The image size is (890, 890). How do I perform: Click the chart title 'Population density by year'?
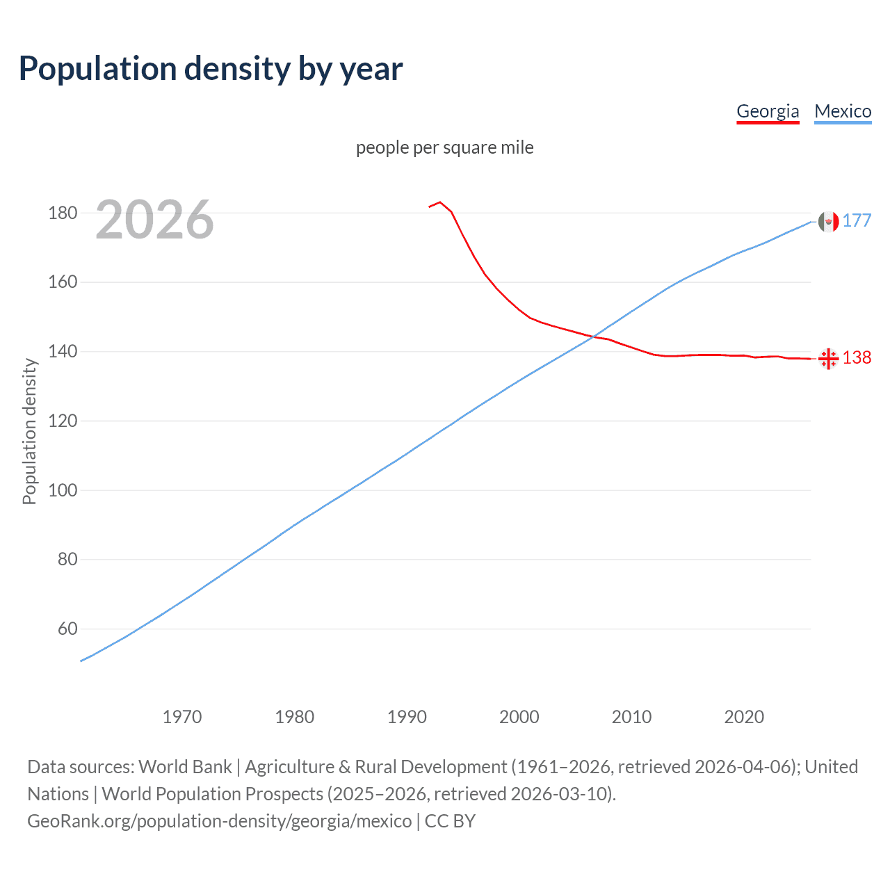click(x=211, y=69)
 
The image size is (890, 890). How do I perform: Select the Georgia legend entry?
click(x=768, y=111)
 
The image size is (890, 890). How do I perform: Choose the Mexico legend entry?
click(x=843, y=111)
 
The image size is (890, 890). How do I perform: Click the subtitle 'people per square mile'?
click(x=444, y=147)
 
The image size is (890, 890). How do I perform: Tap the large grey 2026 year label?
click(x=154, y=220)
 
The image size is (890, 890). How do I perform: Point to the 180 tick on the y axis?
click(x=63, y=213)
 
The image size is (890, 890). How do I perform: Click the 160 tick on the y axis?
click(x=63, y=282)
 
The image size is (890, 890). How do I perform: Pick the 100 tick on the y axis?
click(x=63, y=490)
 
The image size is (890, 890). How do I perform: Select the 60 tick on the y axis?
click(x=67, y=629)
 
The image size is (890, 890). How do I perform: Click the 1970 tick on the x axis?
click(x=182, y=717)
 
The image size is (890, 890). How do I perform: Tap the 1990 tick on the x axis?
click(x=407, y=717)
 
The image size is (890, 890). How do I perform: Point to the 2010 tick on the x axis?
click(x=631, y=717)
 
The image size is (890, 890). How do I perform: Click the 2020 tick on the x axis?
click(x=744, y=717)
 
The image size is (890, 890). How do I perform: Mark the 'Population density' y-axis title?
click(x=29, y=431)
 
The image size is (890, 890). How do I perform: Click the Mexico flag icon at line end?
click(x=828, y=221)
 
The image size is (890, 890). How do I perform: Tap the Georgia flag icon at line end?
click(x=828, y=359)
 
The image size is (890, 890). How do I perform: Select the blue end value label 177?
click(x=857, y=221)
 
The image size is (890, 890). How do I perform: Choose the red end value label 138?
click(x=857, y=357)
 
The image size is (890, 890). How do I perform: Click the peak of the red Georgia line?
click(x=439, y=202)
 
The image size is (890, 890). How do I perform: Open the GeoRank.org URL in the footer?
click(x=220, y=821)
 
